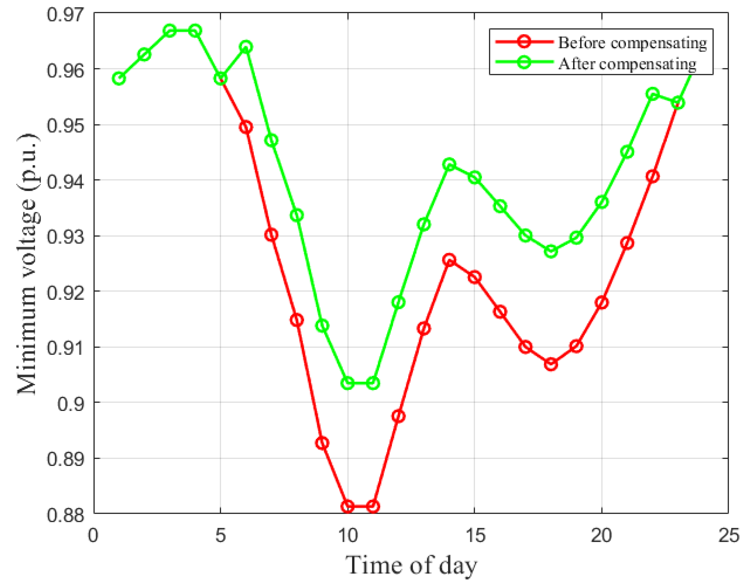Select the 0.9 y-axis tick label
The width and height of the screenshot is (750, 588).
pos(71,403)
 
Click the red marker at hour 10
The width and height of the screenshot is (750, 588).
pos(348,506)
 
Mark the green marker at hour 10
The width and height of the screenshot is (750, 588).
pos(348,383)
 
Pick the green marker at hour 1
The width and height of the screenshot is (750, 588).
pos(119,79)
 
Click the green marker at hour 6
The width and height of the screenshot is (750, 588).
pos(246,47)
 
